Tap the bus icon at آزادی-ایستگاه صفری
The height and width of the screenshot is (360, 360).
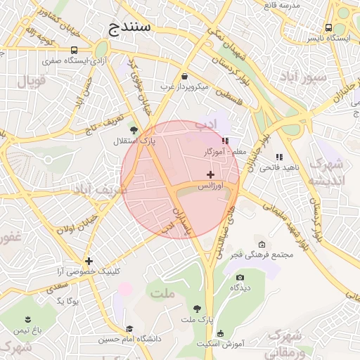pyautogui.click(x=75, y=50)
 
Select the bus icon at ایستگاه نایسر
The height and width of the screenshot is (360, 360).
pyautogui.click(x=328, y=27)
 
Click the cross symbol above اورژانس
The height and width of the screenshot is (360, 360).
pyautogui.click(x=210, y=174)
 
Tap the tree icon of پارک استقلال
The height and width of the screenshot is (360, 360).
pyautogui.click(x=134, y=130)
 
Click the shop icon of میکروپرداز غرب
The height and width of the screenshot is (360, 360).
pyautogui.click(x=184, y=76)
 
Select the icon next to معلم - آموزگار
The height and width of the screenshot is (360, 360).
pyautogui.click(x=225, y=141)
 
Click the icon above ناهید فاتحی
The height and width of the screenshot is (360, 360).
pyautogui.click(x=279, y=157)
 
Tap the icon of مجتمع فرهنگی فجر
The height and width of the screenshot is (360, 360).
pyautogui.click(x=262, y=243)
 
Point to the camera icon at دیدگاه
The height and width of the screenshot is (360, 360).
pyautogui.click(x=240, y=278)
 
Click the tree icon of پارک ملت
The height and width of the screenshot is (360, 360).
pyautogui.click(x=197, y=309)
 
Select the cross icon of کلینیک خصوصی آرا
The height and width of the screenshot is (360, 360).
pyautogui.click(x=88, y=261)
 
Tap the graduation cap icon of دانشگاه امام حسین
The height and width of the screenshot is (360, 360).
pyautogui.click(x=129, y=328)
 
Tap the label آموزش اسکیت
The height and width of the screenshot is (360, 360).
pyautogui.click(x=221, y=344)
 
